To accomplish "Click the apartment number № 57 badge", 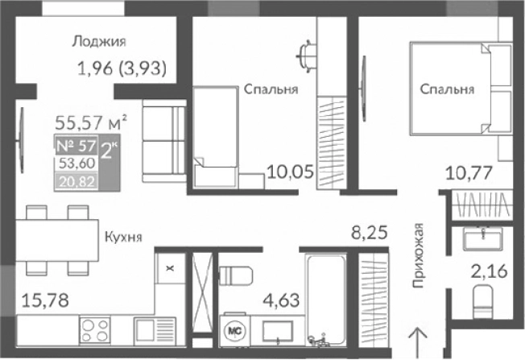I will coord(76,147).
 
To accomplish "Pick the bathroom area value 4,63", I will coord(279,304).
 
